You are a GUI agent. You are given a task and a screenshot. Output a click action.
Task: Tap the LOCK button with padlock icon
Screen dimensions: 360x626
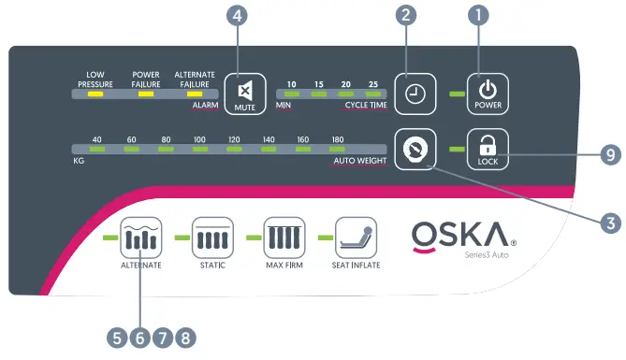487,149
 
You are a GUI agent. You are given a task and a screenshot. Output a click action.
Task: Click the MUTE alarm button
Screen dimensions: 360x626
245,94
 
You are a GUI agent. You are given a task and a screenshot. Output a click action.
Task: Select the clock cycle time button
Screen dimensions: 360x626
414,94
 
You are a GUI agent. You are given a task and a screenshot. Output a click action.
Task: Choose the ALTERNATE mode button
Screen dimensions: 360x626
140,238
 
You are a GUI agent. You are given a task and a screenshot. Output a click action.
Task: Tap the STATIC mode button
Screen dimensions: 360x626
211,238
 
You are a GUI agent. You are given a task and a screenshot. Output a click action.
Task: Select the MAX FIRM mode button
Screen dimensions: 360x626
284,238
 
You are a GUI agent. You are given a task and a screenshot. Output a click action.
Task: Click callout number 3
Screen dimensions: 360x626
610,223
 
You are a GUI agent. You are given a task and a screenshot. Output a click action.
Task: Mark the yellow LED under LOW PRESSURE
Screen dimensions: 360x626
95,94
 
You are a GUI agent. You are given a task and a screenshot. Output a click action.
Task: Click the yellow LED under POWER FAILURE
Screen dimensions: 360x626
145,94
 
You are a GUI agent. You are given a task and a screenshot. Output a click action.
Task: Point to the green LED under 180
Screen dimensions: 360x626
336,150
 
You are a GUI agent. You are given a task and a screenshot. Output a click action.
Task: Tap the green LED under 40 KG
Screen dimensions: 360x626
95,150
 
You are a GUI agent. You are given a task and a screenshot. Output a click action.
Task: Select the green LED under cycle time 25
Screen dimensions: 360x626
373,94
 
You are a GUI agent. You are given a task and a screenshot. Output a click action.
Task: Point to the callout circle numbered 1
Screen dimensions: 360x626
480,16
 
